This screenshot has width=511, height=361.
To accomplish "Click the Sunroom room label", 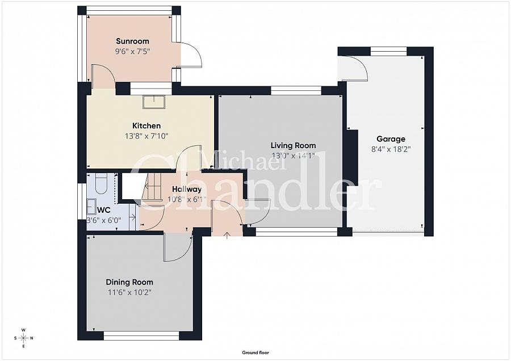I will [132, 41].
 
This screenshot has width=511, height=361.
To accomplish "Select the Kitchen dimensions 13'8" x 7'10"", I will [146, 136].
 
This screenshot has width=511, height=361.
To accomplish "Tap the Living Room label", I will [293, 145].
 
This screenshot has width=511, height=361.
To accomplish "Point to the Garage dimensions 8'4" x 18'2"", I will [391, 149].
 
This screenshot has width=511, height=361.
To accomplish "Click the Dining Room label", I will [129, 282].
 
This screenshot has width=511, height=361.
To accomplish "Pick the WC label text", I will [95, 209].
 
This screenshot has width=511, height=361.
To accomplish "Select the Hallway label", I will [187, 190].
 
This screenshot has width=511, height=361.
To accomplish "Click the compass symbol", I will [23, 338].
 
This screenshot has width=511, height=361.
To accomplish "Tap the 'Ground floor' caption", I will [256, 352].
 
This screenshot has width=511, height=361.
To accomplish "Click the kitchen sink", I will [154, 101].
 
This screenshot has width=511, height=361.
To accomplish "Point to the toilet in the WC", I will [100, 183].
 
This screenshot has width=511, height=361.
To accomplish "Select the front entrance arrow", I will [227, 234].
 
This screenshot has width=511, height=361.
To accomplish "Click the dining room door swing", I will [177, 249].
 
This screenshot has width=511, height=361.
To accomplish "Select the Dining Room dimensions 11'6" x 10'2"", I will [129, 292].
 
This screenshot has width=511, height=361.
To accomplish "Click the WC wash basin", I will [91, 205].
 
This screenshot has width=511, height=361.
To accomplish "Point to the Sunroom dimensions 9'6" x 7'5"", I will [132, 51].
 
